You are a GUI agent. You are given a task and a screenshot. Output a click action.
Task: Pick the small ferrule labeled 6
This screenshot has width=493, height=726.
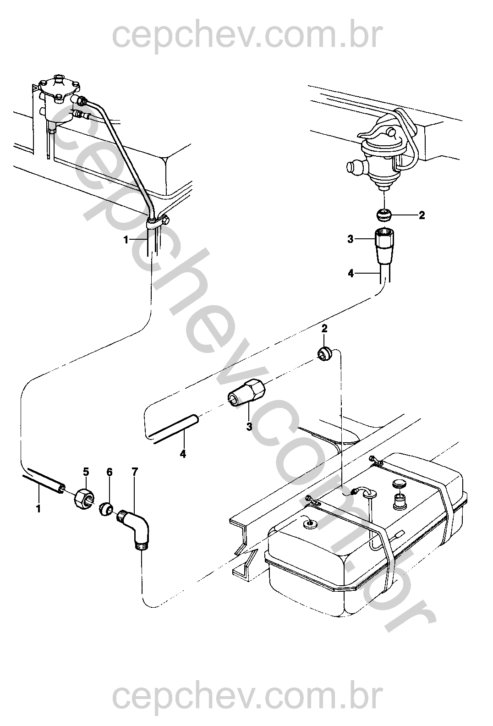click(x=105, y=510)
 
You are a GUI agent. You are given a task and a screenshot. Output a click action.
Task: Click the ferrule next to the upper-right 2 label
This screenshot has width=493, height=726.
click(x=384, y=214)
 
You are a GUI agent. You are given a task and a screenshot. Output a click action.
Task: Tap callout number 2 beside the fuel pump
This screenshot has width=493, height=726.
click(x=422, y=215)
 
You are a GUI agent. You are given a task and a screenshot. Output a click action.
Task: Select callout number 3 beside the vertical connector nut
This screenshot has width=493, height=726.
click(x=350, y=240)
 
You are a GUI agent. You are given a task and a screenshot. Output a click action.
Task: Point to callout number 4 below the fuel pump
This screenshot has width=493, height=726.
click(x=351, y=274)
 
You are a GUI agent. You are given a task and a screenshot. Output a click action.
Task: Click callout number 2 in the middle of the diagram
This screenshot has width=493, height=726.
click(x=324, y=329)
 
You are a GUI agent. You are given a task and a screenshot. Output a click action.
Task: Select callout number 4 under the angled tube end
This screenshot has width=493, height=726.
click(x=183, y=454)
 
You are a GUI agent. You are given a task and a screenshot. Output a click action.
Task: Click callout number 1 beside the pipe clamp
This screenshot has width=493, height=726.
click(x=126, y=240)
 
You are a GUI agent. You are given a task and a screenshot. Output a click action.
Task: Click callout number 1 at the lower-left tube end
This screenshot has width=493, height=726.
click(x=38, y=509)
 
